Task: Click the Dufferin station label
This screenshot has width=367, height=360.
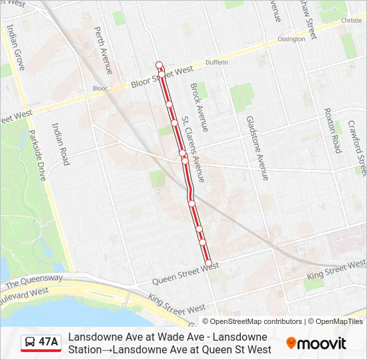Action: click(217, 62)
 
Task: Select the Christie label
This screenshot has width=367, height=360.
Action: click(351, 21)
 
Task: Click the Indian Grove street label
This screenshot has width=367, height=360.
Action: click(14, 47)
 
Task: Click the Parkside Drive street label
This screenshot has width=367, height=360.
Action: click(37, 155)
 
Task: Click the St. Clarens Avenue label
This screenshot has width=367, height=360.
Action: click(194, 151)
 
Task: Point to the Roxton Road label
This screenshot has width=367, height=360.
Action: click(332, 130)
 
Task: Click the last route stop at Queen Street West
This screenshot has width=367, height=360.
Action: click(208, 263)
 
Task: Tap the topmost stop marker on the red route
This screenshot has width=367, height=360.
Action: click(159, 64)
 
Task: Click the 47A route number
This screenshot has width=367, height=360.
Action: click(49, 342)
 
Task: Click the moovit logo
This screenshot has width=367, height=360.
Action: click(316, 343)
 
